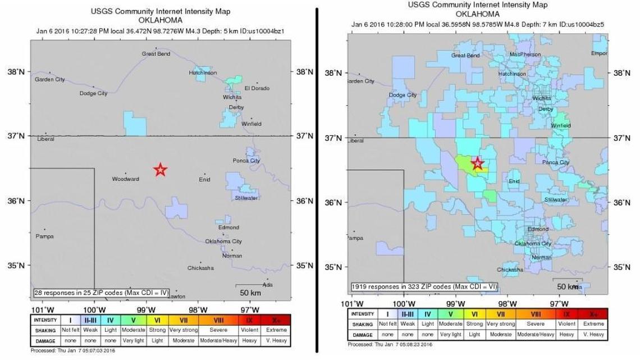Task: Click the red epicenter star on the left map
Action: click(x=161, y=170)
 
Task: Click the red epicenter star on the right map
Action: click(x=477, y=163)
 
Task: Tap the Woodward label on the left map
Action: click(x=125, y=179)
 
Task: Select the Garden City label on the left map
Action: click(x=50, y=80)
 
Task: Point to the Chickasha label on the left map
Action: click(x=200, y=268)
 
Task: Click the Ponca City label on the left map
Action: click(x=246, y=161)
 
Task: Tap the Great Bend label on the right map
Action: click(x=465, y=56)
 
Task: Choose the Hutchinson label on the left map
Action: click(x=203, y=73)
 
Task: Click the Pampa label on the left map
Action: click(x=44, y=236)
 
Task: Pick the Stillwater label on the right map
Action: click(x=556, y=200)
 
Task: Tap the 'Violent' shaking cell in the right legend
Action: click(x=566, y=324)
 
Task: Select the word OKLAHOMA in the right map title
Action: click(x=478, y=13)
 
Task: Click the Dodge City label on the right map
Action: click(x=403, y=95)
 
